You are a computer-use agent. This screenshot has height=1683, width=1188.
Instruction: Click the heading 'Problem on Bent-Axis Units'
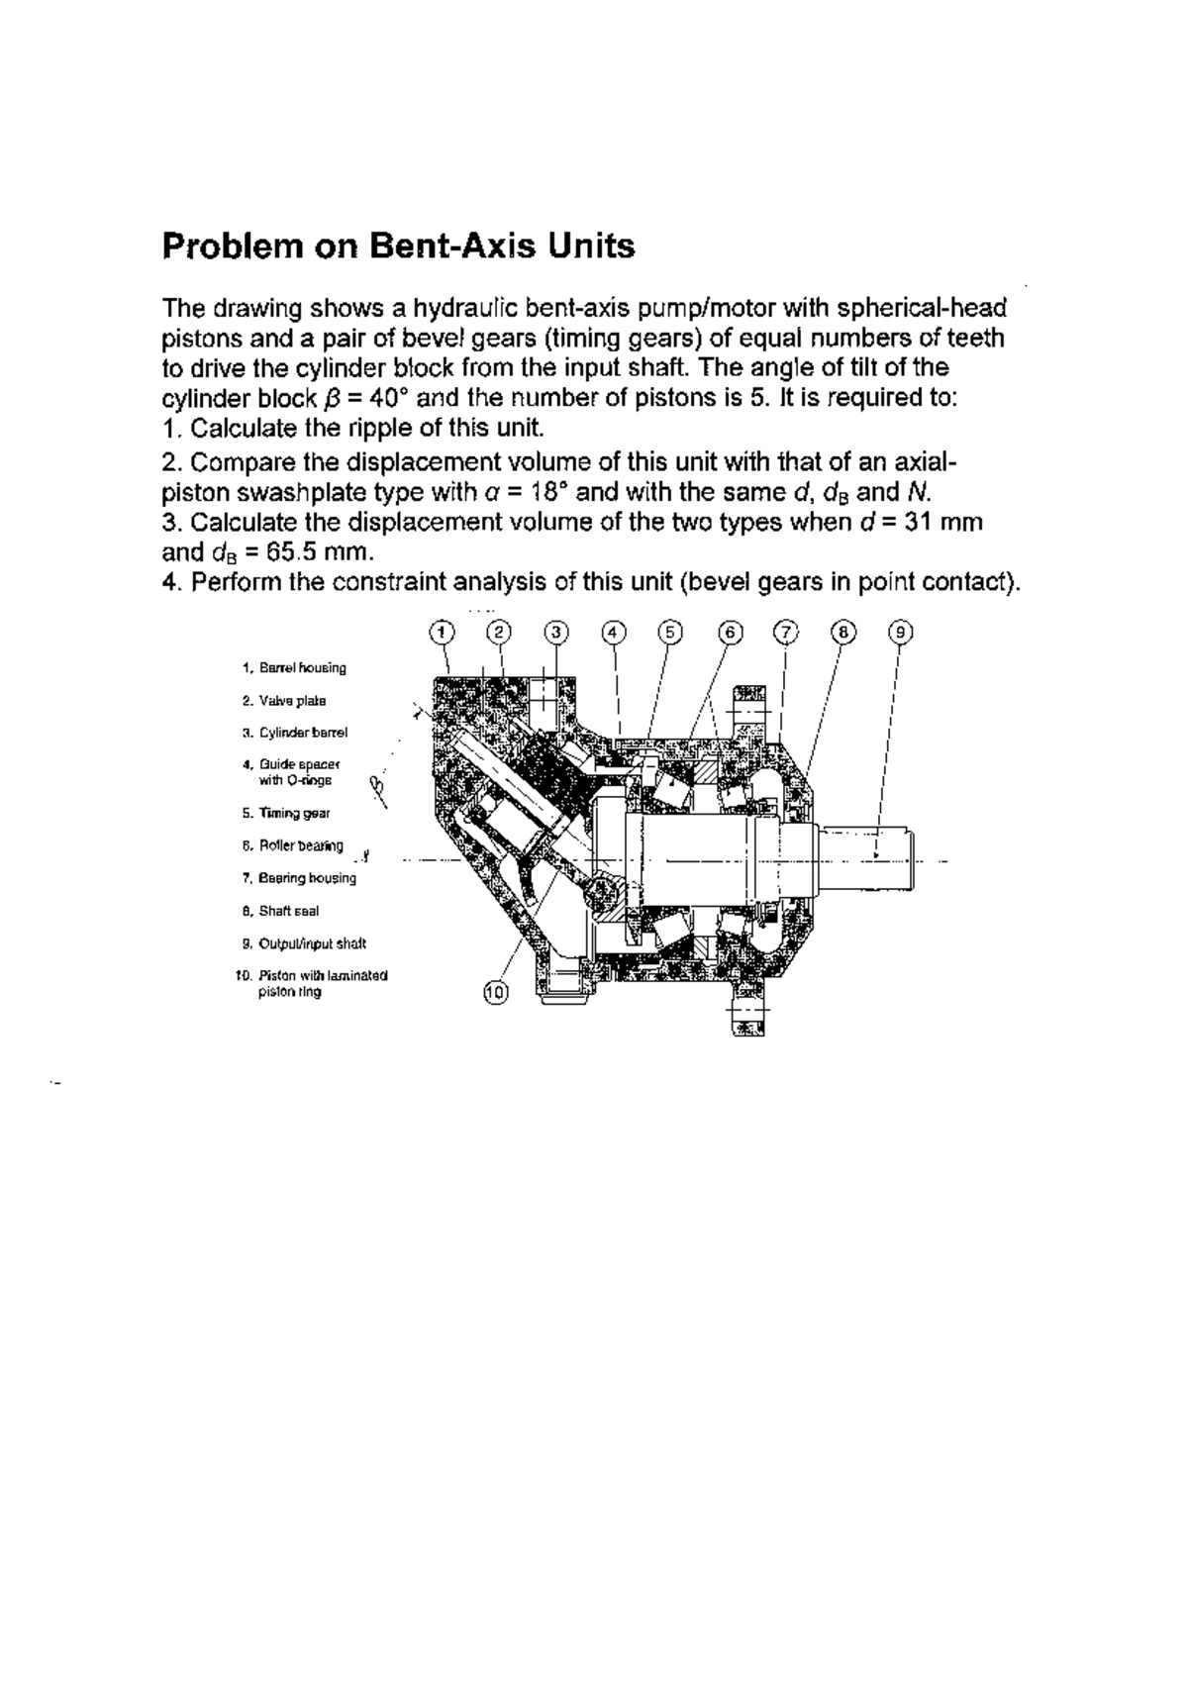click(398, 246)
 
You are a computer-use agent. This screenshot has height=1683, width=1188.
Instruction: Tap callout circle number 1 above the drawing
click(442, 632)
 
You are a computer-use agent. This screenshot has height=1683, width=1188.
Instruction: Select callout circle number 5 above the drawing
click(670, 632)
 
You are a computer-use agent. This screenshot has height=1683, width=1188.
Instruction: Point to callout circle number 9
click(900, 632)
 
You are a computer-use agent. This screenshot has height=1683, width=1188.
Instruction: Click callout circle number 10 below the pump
click(495, 991)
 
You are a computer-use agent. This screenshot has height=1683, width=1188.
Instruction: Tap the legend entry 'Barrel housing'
click(302, 668)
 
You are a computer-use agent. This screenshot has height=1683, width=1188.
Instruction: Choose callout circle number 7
click(785, 632)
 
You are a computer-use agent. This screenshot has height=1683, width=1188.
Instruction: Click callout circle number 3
click(556, 632)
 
